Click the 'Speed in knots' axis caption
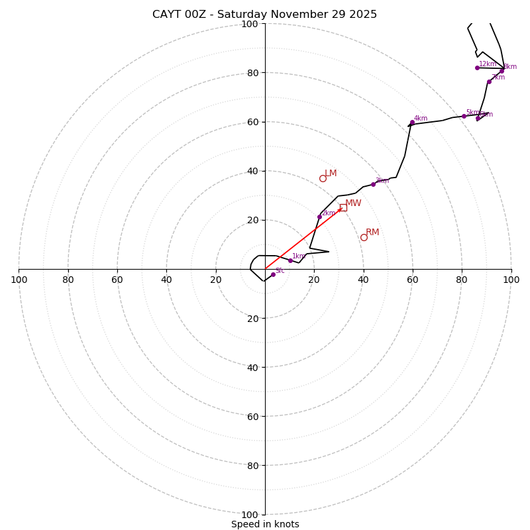(x=265, y=525)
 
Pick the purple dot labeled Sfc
(x=273, y=274)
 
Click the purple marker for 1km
(x=290, y=260)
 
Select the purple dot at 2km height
(x=319, y=217)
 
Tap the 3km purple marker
(x=373, y=184)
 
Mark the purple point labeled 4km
(x=412, y=123)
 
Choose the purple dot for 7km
(x=490, y=81)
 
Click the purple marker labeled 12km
(x=477, y=68)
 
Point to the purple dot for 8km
(x=502, y=71)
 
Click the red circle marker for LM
(x=323, y=178)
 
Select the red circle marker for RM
(x=364, y=237)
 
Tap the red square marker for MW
(x=343, y=207)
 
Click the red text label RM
(x=372, y=233)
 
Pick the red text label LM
(x=331, y=174)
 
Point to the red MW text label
(x=353, y=203)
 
